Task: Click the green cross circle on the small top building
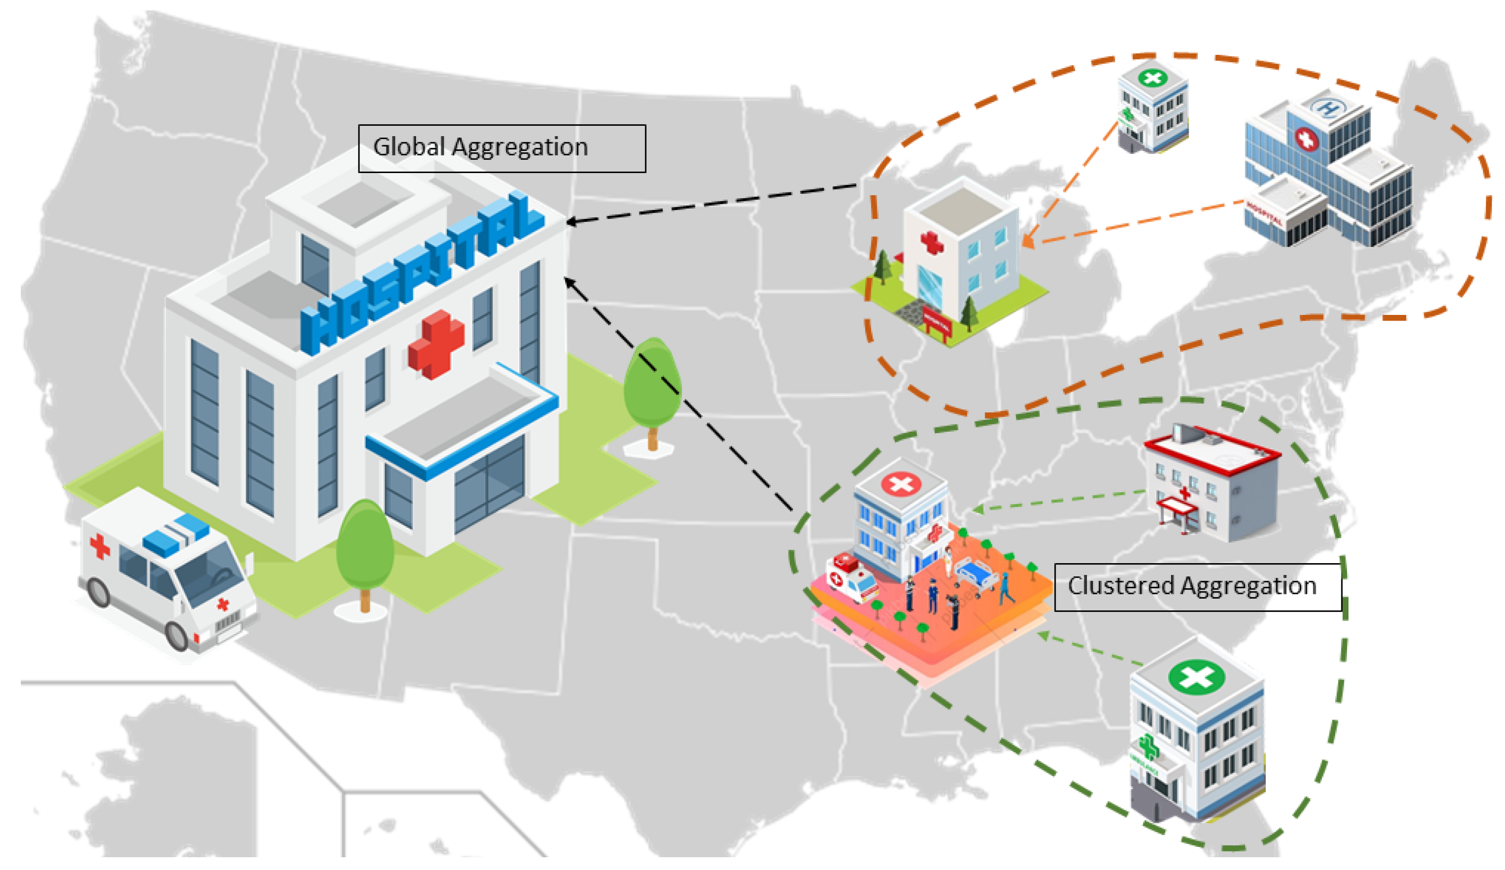point(1152,78)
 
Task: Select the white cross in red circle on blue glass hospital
point(1306,139)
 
